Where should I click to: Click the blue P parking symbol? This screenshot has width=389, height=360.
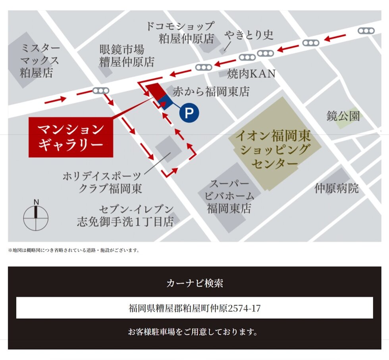(x=189, y=113)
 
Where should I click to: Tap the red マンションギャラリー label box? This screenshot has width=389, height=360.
(x=71, y=137)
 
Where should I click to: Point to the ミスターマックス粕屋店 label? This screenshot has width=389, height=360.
(x=40, y=61)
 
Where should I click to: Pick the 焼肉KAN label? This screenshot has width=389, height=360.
(x=251, y=73)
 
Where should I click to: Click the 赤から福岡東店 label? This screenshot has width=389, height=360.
(x=211, y=92)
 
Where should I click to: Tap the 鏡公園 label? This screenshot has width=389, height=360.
(x=343, y=116)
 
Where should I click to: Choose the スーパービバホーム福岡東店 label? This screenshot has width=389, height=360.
(x=229, y=196)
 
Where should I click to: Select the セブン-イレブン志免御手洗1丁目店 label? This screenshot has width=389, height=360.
(x=126, y=215)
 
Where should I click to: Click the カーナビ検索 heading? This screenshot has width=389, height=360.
(x=194, y=283)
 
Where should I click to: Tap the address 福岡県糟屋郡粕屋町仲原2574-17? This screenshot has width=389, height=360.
(x=194, y=308)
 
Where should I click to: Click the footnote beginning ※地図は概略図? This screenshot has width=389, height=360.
(x=73, y=250)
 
